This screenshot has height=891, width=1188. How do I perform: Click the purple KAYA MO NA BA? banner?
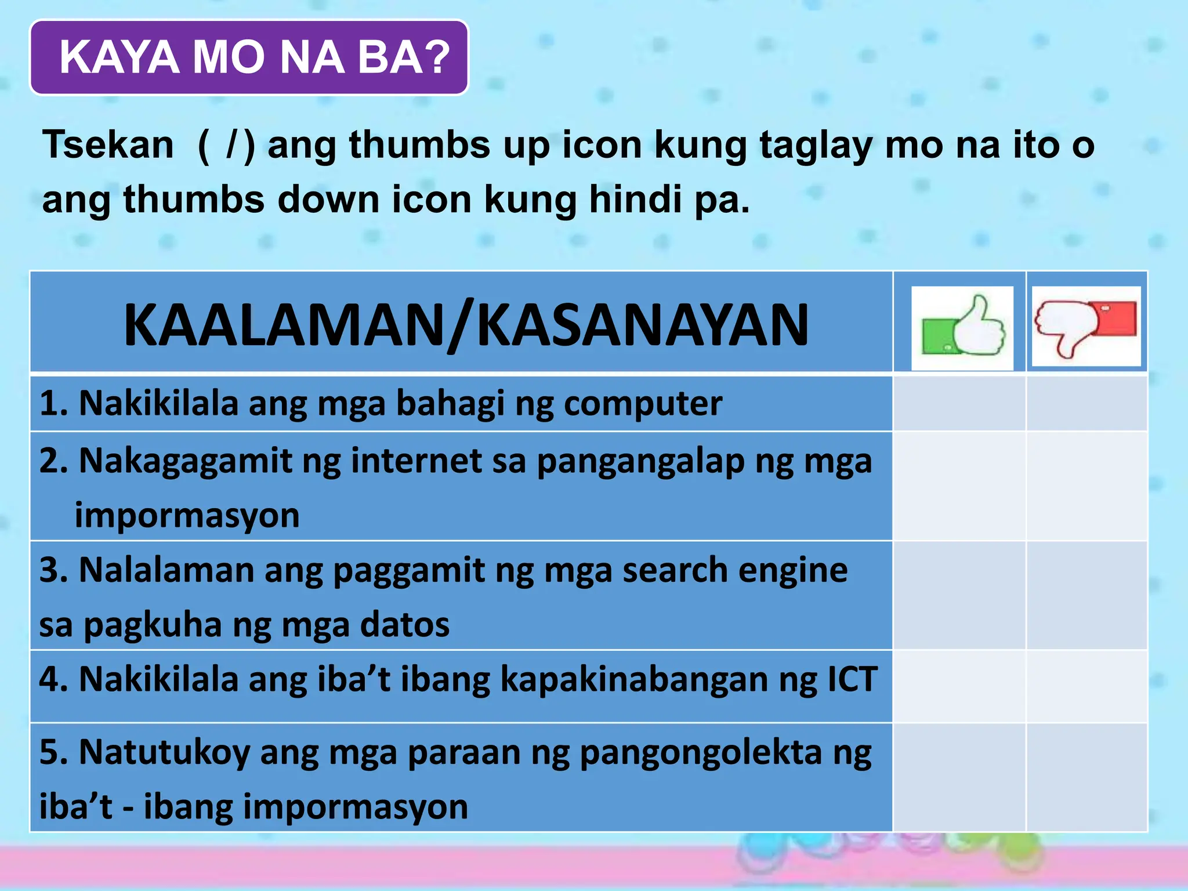(249, 57)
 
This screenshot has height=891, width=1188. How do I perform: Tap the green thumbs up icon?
(962, 328)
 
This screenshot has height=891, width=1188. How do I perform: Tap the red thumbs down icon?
(1086, 327)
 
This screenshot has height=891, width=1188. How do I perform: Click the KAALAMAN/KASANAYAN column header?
(466, 325)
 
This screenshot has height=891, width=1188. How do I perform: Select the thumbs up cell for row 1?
(959, 404)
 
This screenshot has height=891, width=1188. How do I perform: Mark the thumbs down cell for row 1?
(1086, 404)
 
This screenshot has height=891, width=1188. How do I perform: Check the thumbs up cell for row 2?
(959, 486)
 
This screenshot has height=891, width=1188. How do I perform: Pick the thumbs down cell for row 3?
(1086, 596)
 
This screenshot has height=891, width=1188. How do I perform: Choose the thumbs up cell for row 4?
(959, 687)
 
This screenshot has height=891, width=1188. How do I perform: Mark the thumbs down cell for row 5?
(1086, 778)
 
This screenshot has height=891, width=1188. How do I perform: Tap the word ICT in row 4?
(852, 679)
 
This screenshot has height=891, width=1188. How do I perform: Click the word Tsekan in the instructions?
(108, 144)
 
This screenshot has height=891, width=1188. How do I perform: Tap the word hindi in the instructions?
(635, 199)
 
